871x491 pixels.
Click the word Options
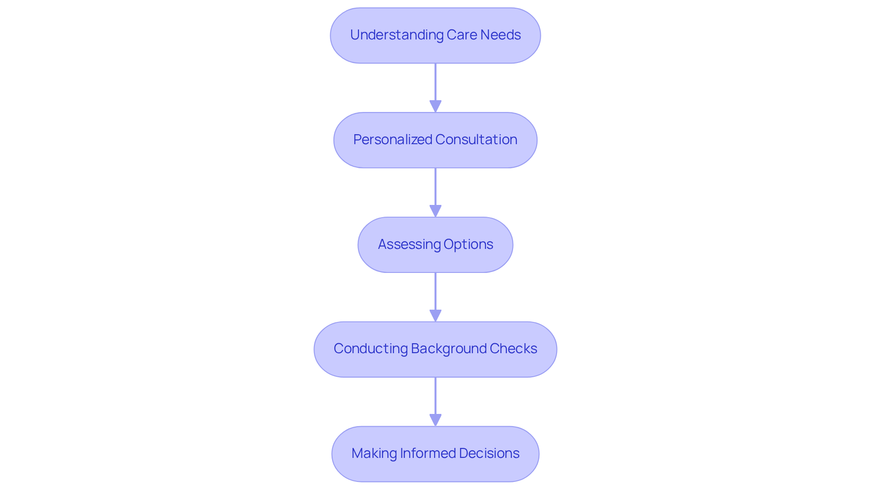click(468, 244)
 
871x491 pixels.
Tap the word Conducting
click(371, 349)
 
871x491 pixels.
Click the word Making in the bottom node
click(374, 453)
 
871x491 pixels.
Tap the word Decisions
click(489, 453)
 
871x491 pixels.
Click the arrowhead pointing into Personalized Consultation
click(435, 107)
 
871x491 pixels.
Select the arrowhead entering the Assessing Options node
click(435, 211)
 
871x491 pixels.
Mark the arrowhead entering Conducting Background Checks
click(435, 316)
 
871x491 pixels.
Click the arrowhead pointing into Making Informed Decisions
click(435, 420)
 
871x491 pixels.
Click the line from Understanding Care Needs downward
click(435, 82)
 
